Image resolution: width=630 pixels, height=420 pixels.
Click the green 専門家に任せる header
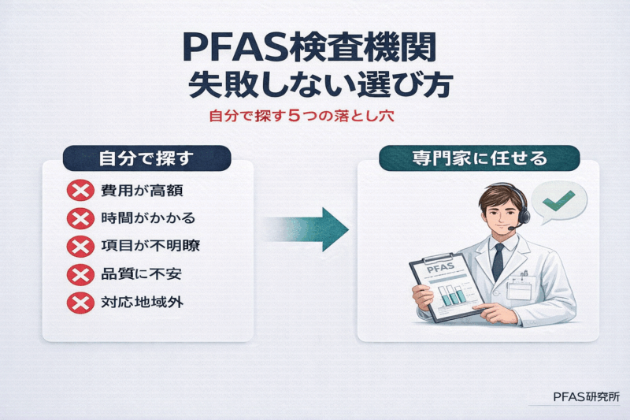coord(480,158)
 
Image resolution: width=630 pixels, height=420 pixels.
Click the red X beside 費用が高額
coord(80,191)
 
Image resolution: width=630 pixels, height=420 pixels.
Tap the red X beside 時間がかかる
coord(80,219)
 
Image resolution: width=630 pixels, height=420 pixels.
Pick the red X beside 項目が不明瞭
coord(80,247)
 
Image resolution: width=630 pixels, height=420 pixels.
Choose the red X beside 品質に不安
coord(80,275)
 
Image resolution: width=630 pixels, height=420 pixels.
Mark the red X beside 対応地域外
coord(80,303)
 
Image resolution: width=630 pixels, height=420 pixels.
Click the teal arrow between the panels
coord(311,229)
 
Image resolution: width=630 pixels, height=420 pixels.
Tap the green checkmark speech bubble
coord(559,201)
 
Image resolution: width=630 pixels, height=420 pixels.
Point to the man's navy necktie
coord(498,261)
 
